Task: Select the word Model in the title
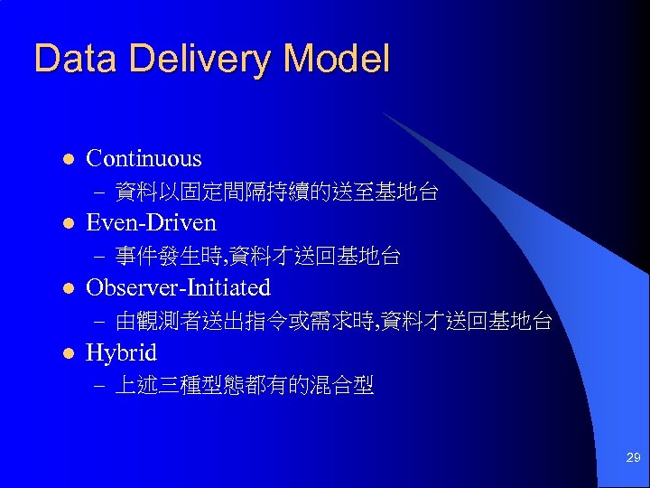(x=336, y=60)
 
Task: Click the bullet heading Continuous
(x=144, y=159)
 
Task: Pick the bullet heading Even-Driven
(x=151, y=223)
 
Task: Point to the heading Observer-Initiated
(x=178, y=288)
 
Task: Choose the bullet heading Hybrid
(x=121, y=353)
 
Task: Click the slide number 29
(x=633, y=459)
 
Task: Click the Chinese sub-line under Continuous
(x=277, y=192)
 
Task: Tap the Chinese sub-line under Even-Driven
(x=257, y=257)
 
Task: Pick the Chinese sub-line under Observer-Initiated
(x=333, y=322)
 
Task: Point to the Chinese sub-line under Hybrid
(x=245, y=387)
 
